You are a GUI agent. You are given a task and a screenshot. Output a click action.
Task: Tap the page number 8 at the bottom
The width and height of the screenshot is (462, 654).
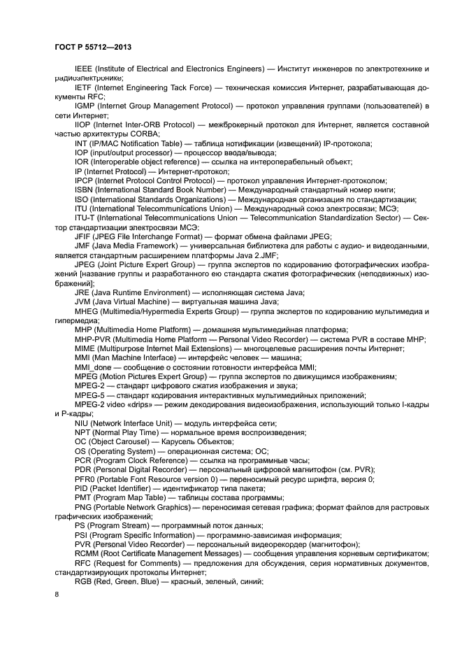(x=56, y=594)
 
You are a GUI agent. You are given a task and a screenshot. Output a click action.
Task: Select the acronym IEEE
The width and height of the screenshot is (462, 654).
(x=83, y=69)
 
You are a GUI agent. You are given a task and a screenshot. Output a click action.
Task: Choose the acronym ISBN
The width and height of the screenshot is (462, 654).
(x=84, y=189)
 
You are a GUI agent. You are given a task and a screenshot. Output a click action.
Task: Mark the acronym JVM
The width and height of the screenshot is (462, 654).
(x=83, y=301)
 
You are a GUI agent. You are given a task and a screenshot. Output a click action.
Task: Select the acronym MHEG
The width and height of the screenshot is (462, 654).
(x=87, y=311)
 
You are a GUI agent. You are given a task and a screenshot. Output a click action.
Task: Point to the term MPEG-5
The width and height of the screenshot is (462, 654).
(x=89, y=394)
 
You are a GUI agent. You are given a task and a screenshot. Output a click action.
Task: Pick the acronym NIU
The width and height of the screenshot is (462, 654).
(x=82, y=422)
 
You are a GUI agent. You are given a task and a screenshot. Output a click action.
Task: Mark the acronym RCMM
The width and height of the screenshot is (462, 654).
(x=87, y=553)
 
